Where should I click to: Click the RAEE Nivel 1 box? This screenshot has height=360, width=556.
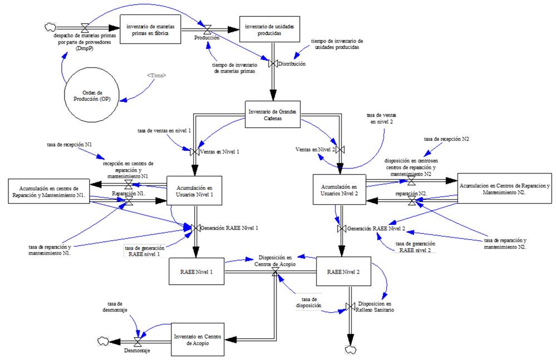[196, 272]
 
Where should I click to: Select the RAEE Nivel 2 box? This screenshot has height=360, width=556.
[343, 272]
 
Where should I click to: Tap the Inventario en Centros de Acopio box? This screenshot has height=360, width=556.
[198, 339]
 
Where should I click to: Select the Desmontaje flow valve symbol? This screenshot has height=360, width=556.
[137, 341]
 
